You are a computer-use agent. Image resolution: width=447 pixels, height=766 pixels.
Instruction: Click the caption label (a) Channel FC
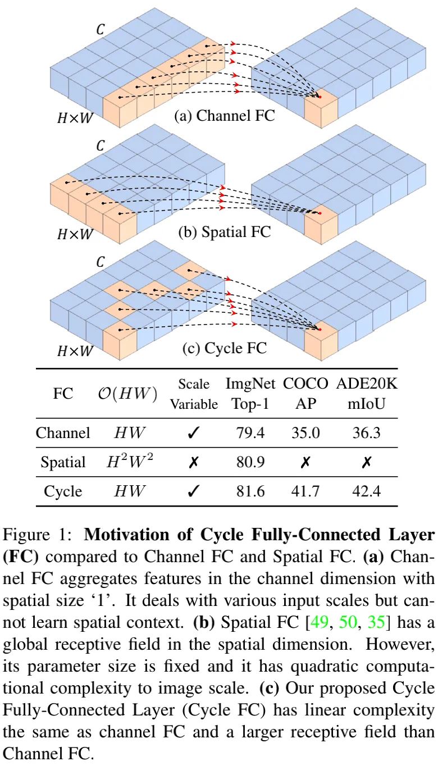(x=224, y=116)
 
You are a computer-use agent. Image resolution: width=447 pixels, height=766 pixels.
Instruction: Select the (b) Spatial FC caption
(x=224, y=231)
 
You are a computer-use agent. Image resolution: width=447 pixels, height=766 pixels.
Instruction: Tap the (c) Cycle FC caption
(x=224, y=348)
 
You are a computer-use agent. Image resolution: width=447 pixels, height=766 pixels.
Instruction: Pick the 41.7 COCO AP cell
(x=305, y=491)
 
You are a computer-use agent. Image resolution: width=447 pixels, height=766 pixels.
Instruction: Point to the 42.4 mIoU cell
(x=366, y=491)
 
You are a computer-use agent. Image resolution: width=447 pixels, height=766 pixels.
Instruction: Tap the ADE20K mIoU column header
(x=366, y=394)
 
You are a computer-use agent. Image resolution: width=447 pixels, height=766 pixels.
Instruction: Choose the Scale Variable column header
(x=194, y=394)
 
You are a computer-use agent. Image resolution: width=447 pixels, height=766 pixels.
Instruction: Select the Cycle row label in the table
(x=63, y=491)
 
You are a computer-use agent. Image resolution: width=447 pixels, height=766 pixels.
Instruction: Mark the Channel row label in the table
(x=63, y=433)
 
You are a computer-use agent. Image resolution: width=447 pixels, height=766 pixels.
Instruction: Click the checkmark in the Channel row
(x=194, y=433)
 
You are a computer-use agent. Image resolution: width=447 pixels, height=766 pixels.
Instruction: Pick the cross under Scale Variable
(x=194, y=462)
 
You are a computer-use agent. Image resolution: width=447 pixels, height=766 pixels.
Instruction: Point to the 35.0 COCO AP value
(x=305, y=433)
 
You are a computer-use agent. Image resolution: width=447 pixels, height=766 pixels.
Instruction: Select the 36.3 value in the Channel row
(x=366, y=433)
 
